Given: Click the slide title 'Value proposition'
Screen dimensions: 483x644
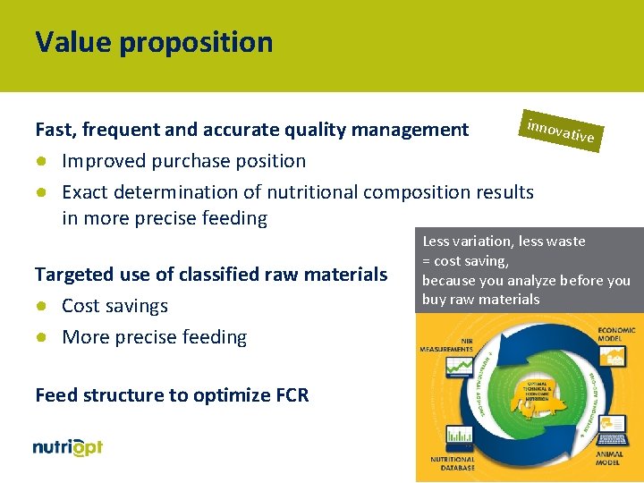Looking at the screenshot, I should [154, 42].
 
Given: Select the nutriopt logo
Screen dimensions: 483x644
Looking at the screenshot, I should [68, 447].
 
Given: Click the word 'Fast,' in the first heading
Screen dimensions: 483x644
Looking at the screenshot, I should [57, 130].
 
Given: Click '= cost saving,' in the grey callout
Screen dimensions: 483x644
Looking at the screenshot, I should [465, 261].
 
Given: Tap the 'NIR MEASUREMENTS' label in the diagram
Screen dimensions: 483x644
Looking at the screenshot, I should [452, 344].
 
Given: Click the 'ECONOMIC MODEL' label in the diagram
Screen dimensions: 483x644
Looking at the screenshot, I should [615, 334].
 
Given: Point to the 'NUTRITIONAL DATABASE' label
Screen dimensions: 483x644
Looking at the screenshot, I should [453, 462].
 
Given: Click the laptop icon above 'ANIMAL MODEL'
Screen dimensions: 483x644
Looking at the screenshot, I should [614, 432].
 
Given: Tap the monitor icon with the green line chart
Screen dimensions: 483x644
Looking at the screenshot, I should [460, 367].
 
